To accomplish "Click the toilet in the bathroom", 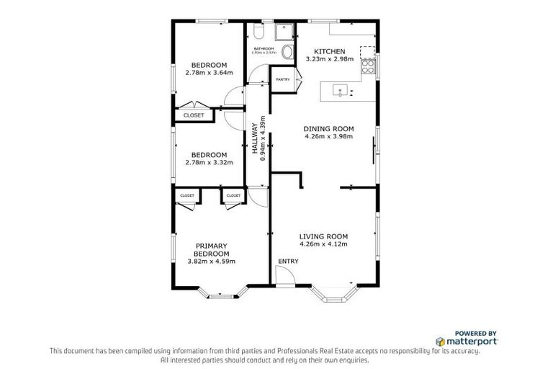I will click(x=258, y=32).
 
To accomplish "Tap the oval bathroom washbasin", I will click(x=287, y=52).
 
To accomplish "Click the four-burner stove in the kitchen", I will click(x=368, y=67).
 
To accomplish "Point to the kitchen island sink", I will click(x=338, y=91).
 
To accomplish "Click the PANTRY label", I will click(x=282, y=79).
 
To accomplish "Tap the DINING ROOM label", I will click(x=328, y=129).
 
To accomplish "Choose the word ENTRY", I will click(x=288, y=261).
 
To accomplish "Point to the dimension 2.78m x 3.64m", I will click(x=210, y=72).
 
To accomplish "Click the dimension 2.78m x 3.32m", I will click(x=210, y=162).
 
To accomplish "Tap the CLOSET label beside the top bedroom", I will click(x=193, y=115).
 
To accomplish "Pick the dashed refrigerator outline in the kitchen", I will click(x=367, y=51).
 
